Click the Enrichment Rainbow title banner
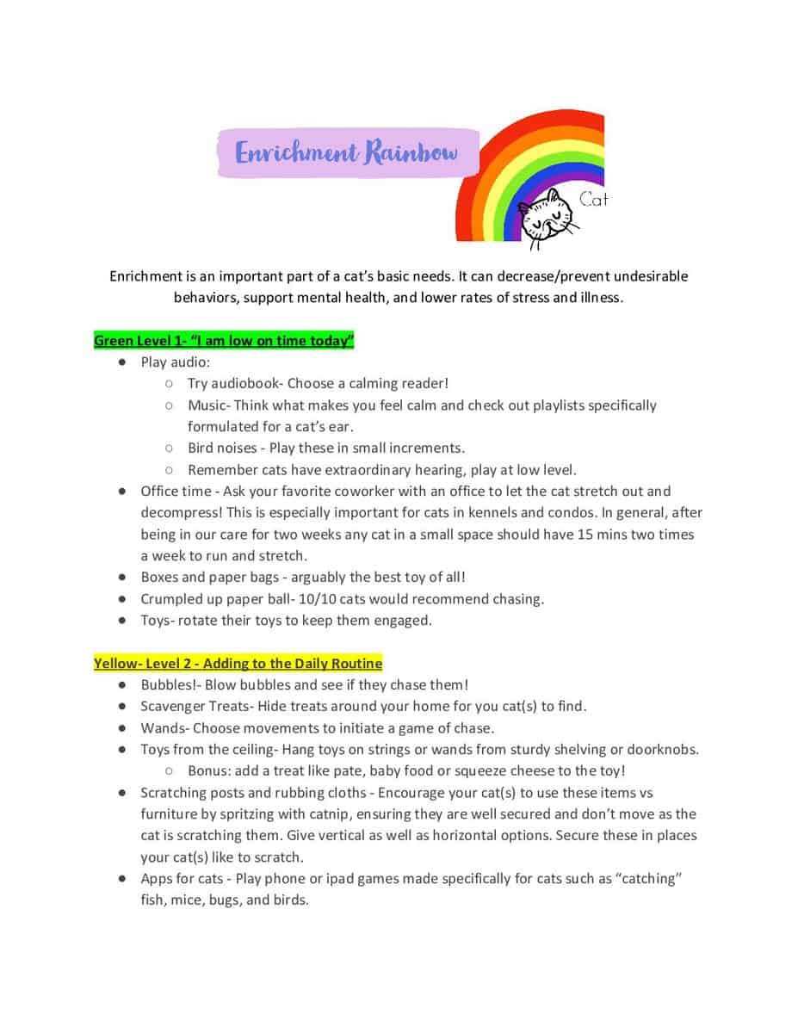(x=347, y=153)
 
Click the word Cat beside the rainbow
(x=593, y=200)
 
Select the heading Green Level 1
(x=224, y=341)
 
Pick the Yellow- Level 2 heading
(x=238, y=664)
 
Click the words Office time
(x=176, y=492)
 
